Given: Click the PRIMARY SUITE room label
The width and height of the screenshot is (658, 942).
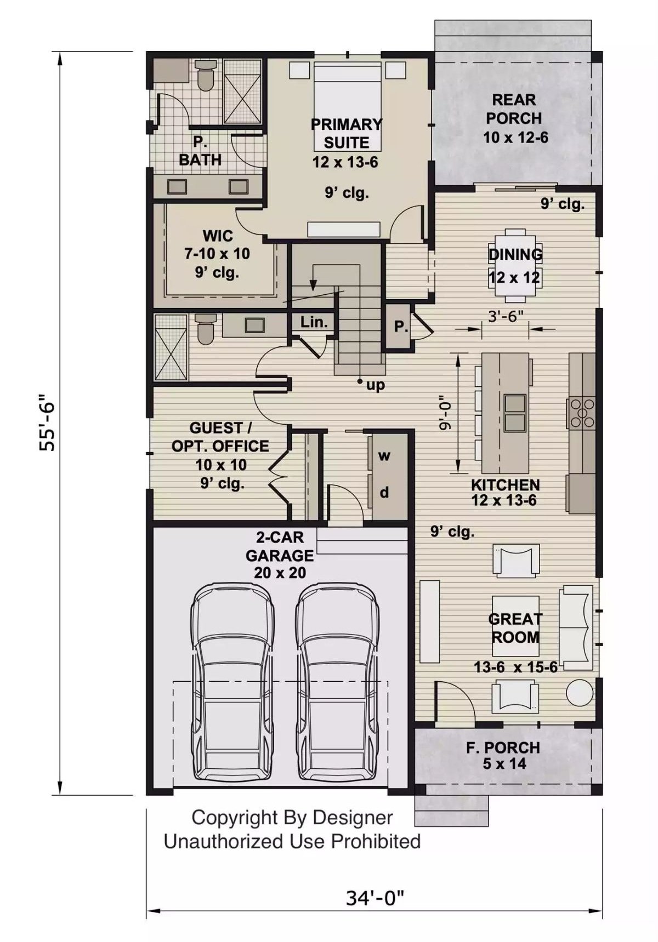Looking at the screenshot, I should coord(346,133).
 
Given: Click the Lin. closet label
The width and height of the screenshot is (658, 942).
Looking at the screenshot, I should coord(314,322).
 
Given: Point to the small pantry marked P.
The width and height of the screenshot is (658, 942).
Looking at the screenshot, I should coord(400,327).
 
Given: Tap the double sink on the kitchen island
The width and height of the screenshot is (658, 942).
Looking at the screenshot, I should coord(515,413).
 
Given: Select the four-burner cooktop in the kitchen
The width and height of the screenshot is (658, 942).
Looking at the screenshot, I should coord(581,413).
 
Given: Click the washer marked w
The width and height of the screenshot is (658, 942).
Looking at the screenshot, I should coord(385,456).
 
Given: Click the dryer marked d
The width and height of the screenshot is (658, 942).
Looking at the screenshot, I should coord(385,493).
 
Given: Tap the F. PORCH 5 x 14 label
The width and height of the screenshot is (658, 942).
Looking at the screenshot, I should coord(503,755).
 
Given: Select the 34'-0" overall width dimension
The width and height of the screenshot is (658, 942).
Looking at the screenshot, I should coord(375,898).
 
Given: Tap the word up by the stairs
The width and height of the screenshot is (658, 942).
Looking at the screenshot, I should coord(376,385).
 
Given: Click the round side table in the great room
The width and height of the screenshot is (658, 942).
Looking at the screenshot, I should coord(580,693).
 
